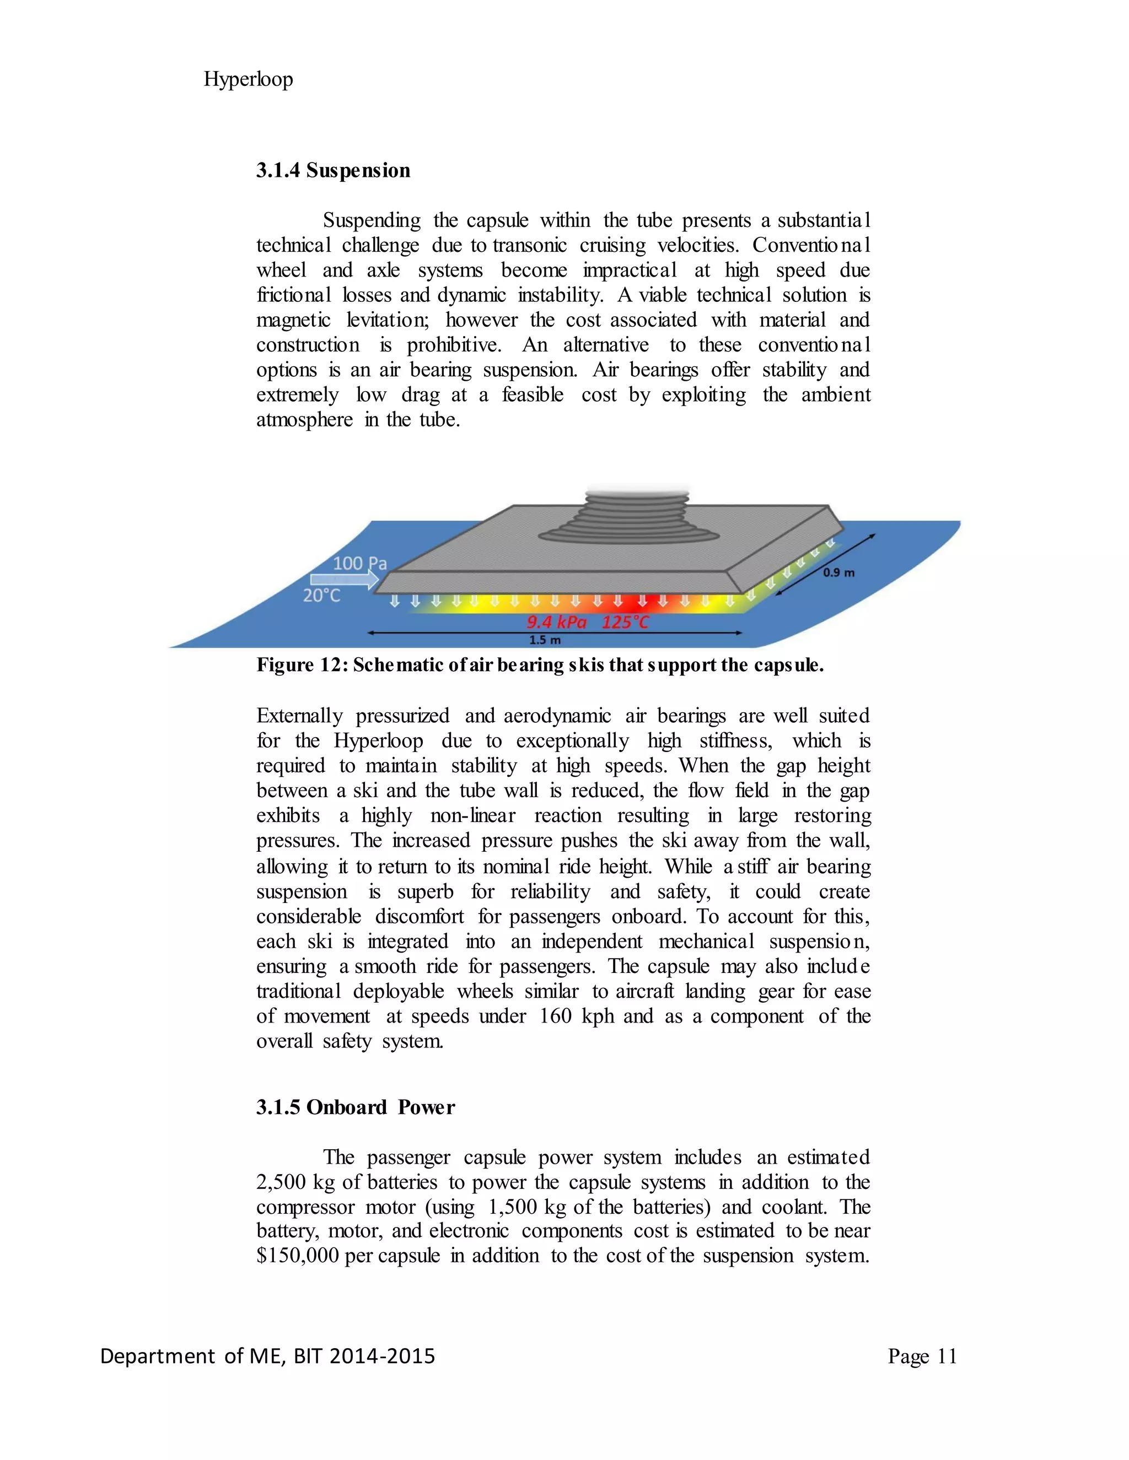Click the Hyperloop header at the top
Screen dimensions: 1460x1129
tap(248, 79)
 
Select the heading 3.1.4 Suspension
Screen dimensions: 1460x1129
tap(333, 170)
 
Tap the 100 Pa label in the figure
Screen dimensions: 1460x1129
tap(360, 564)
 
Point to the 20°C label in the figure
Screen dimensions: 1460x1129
tap(322, 595)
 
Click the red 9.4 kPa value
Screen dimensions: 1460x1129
tap(556, 623)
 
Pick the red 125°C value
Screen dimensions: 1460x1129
tap(625, 623)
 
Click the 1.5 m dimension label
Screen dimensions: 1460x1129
tap(545, 640)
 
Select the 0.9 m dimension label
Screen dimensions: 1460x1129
tap(838, 573)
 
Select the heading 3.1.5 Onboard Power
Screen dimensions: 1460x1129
tap(355, 1108)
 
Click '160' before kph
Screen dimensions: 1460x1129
tap(555, 1017)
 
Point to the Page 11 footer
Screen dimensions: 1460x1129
tap(922, 1356)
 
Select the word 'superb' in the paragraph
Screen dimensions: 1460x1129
tap(426, 892)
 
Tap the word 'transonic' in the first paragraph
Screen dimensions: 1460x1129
tap(530, 245)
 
